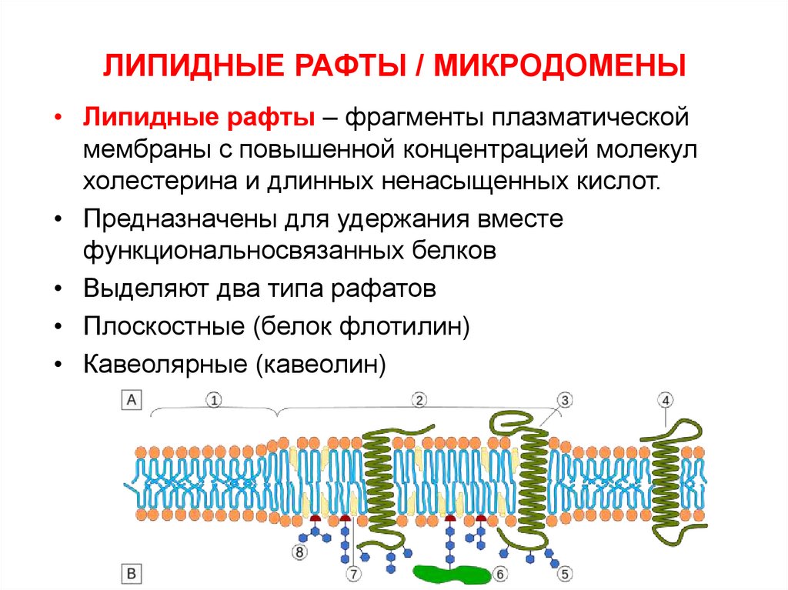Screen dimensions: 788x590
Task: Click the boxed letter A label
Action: [131, 401]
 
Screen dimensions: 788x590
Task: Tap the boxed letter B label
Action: [131, 574]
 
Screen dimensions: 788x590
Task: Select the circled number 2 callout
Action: [419, 400]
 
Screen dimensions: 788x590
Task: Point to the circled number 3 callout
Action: [564, 400]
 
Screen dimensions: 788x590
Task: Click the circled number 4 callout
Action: [666, 400]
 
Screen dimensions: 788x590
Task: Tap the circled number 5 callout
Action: [565, 574]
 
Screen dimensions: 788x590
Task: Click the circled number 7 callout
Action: [352, 574]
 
